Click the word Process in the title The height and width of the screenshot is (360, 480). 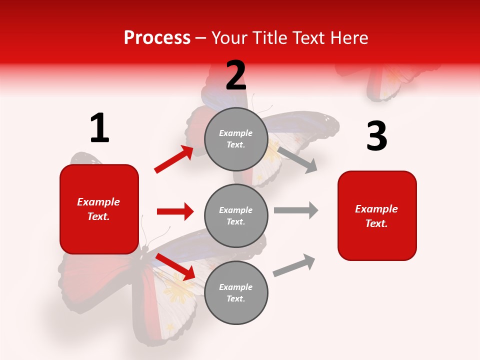[x=157, y=38]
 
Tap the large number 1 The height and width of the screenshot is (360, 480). [x=99, y=129]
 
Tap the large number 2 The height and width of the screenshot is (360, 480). [x=236, y=76]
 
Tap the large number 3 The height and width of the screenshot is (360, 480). [x=376, y=136]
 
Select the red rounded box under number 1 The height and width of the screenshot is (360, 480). [x=99, y=209]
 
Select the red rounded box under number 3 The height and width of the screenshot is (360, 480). [x=377, y=215]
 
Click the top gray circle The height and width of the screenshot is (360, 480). [x=236, y=139]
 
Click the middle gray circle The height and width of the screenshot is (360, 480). [x=236, y=215]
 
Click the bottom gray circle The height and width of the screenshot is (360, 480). [x=236, y=292]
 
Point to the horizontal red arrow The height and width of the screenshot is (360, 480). [x=175, y=211]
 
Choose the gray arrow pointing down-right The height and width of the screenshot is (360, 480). [x=297, y=159]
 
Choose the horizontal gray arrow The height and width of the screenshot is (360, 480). [x=295, y=210]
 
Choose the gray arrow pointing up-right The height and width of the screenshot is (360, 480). [x=294, y=265]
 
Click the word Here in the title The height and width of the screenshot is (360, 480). [x=349, y=38]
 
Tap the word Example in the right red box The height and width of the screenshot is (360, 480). [x=376, y=209]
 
